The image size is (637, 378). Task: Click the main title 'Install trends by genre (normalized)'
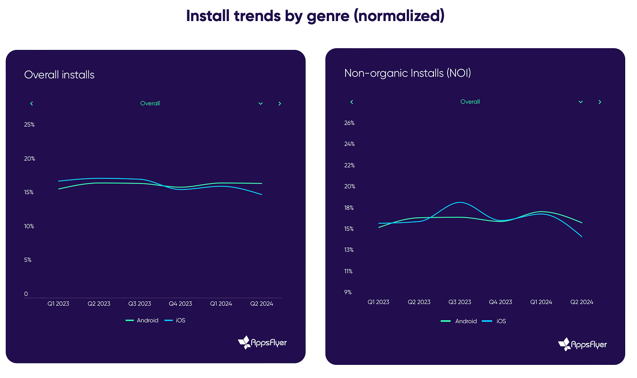tap(315, 16)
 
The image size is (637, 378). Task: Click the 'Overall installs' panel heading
tap(59, 75)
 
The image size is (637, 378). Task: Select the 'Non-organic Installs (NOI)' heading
tap(407, 73)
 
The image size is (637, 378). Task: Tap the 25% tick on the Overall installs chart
tap(29, 125)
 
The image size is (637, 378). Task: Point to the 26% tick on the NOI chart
tap(349, 123)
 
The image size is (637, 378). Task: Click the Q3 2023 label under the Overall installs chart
tap(140, 304)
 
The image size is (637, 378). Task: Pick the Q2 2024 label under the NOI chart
tap(581, 302)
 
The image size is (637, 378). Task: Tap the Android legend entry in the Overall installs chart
tap(142, 321)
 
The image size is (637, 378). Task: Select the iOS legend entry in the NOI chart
tap(494, 321)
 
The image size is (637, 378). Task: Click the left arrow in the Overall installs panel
tap(31, 104)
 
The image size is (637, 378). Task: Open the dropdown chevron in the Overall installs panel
tap(260, 104)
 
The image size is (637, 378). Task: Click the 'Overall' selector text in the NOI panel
tap(470, 102)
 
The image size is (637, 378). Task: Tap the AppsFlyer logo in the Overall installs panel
tap(262, 343)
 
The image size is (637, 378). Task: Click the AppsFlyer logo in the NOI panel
tap(583, 345)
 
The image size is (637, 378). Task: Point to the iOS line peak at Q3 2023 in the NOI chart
tap(460, 202)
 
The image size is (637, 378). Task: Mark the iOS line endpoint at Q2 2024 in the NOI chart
tap(581, 237)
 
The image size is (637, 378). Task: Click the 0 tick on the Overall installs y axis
tap(26, 294)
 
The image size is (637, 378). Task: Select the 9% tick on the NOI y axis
tap(348, 292)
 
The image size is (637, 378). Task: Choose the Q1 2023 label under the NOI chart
tap(378, 302)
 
